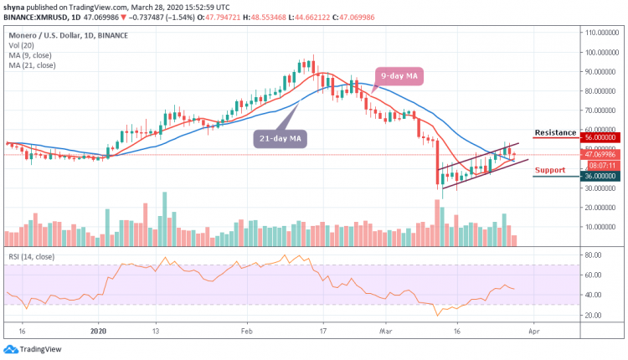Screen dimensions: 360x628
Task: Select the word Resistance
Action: pos(555,132)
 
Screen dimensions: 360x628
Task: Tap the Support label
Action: pos(550,170)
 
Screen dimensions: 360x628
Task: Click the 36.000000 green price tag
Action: pos(600,177)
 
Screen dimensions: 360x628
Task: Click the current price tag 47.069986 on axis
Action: pos(600,155)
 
